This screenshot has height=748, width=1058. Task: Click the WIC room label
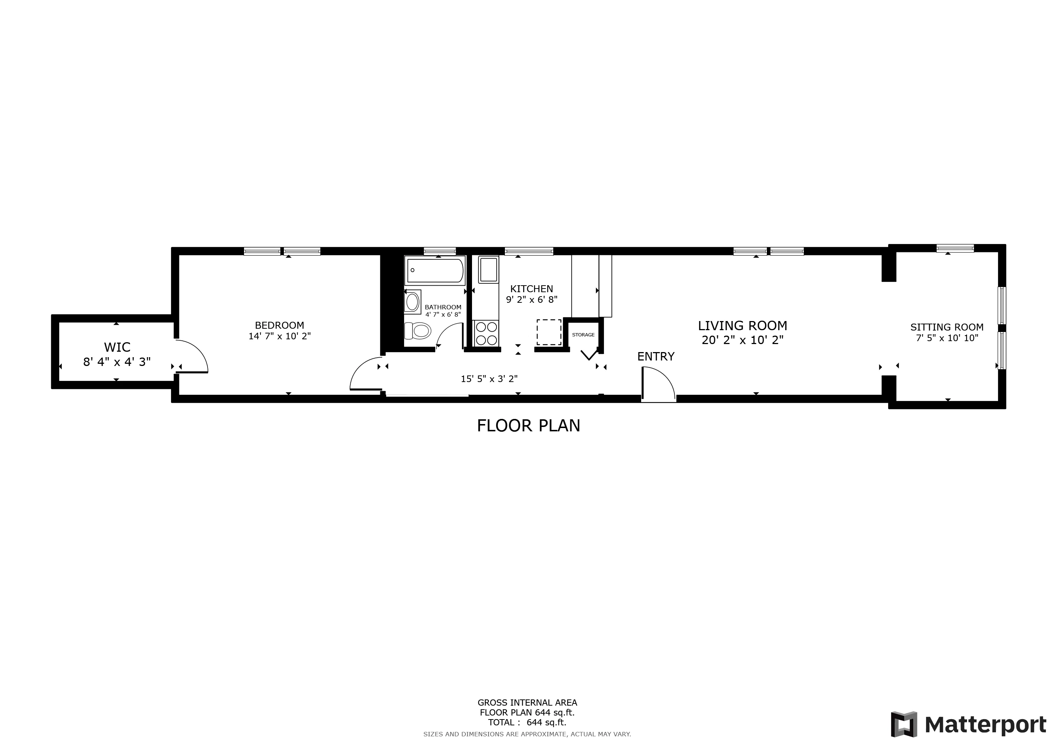(117, 347)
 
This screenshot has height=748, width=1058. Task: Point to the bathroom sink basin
(412, 302)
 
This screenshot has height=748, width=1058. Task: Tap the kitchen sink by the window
(488, 270)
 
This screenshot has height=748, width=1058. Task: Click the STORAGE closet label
(583, 335)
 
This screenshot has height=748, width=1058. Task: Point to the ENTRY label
(656, 356)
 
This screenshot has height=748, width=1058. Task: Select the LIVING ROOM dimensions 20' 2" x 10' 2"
(742, 340)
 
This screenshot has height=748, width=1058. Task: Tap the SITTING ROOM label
(947, 327)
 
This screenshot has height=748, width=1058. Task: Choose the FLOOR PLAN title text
(529, 425)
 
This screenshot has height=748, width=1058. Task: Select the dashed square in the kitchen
(549, 332)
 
